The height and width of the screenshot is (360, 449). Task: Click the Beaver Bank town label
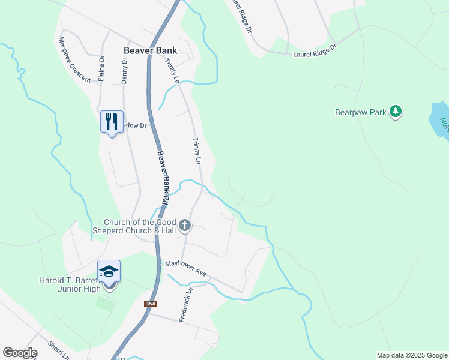click(150, 51)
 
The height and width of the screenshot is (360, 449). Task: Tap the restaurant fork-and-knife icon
click(112, 122)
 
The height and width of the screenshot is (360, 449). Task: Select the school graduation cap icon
click(109, 272)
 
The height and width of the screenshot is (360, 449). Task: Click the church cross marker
click(185, 226)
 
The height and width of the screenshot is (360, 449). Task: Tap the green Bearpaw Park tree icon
click(395, 111)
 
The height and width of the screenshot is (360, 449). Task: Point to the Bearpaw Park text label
click(360, 112)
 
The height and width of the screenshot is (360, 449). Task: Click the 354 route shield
click(151, 304)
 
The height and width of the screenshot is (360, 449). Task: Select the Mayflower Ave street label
click(186, 268)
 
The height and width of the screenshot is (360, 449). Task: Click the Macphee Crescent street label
click(74, 59)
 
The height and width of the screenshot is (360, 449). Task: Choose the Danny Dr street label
click(124, 70)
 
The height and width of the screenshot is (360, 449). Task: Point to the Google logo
click(20, 353)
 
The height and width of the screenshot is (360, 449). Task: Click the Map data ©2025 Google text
click(411, 355)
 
